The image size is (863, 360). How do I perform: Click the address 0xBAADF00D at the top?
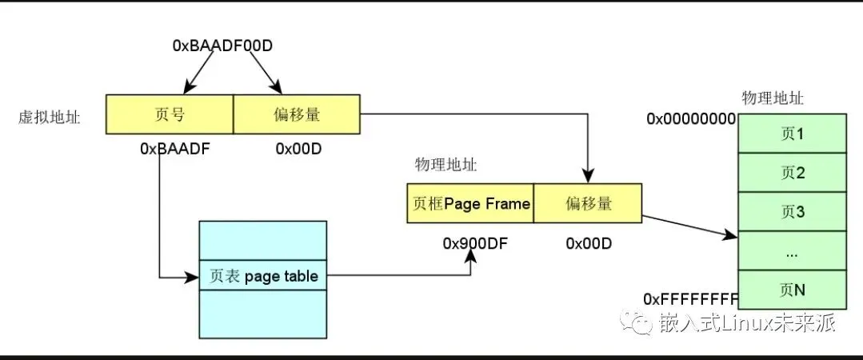tap(222, 46)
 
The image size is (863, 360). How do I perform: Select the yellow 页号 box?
tap(168, 114)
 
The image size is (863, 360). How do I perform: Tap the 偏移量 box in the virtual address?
tap(297, 114)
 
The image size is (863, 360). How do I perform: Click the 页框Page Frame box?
tap(471, 203)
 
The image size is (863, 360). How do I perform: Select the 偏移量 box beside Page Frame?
tap(587, 203)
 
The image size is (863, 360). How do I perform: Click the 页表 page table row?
tap(263, 276)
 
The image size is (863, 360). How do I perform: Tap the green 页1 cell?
tap(792, 133)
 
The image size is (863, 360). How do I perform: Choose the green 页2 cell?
tap(792, 172)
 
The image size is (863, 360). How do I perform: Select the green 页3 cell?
tap(792, 212)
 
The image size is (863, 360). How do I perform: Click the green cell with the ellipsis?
tap(792, 251)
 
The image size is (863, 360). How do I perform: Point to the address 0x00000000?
tap(690, 119)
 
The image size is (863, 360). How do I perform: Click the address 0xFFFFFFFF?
tap(690, 299)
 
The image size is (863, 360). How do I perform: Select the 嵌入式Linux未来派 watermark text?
tap(747, 323)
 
